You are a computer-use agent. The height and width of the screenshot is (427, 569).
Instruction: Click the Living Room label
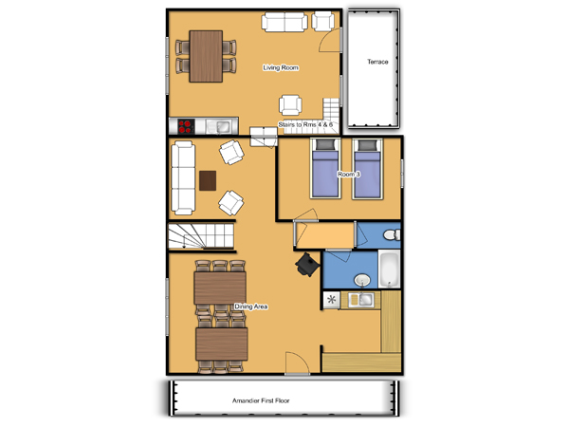pos(281,67)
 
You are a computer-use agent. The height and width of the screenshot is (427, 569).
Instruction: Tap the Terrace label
pos(377,62)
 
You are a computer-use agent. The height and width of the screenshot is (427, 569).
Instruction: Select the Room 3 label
pos(349,175)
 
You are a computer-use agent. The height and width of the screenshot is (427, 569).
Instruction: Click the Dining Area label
pos(250,306)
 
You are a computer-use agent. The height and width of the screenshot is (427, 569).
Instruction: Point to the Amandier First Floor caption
pos(261,400)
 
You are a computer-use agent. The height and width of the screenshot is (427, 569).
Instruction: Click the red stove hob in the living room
pos(186,126)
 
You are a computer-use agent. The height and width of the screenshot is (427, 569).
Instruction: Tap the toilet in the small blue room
pos(392,234)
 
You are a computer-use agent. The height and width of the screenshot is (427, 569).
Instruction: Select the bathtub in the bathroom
pos(389,269)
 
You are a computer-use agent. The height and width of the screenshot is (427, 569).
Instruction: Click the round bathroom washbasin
pos(362,280)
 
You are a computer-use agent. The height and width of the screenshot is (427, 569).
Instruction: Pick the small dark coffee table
pos(208,180)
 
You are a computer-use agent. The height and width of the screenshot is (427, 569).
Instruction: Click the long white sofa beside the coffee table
pos(183,177)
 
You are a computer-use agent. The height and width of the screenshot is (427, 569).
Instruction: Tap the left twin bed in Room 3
pos(325,169)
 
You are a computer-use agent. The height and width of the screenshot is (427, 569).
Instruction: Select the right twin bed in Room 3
pos(367,169)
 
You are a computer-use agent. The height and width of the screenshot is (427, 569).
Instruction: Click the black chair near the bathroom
pos(307,265)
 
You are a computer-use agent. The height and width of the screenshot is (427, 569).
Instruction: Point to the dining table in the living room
pos(206,56)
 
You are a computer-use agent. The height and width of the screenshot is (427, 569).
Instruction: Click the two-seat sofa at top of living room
pos(284,22)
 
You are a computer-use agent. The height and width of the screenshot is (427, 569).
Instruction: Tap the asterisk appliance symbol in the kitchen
pos(331,300)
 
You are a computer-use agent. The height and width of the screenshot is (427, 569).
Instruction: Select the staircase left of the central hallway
pos(201,236)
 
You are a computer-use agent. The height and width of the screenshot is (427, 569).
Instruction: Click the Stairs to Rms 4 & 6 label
pos(305,124)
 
